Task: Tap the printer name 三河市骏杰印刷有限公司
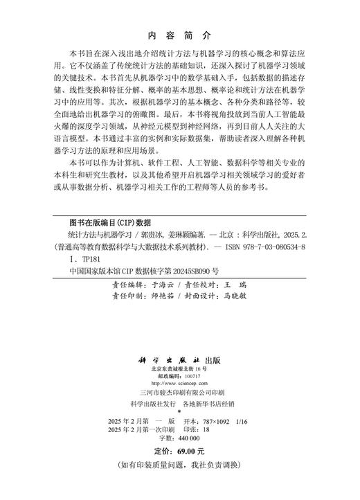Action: click(x=179, y=398)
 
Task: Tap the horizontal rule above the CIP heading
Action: click(x=179, y=214)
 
